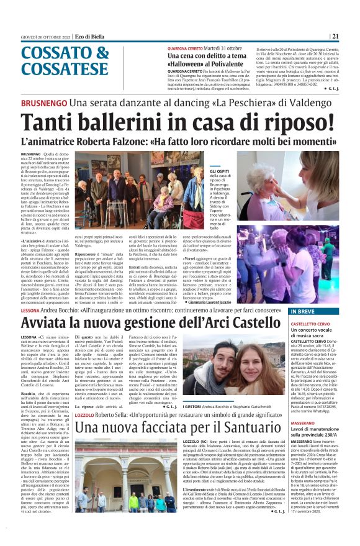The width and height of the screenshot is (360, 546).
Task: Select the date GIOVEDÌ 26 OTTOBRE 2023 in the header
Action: coord(44,36)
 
